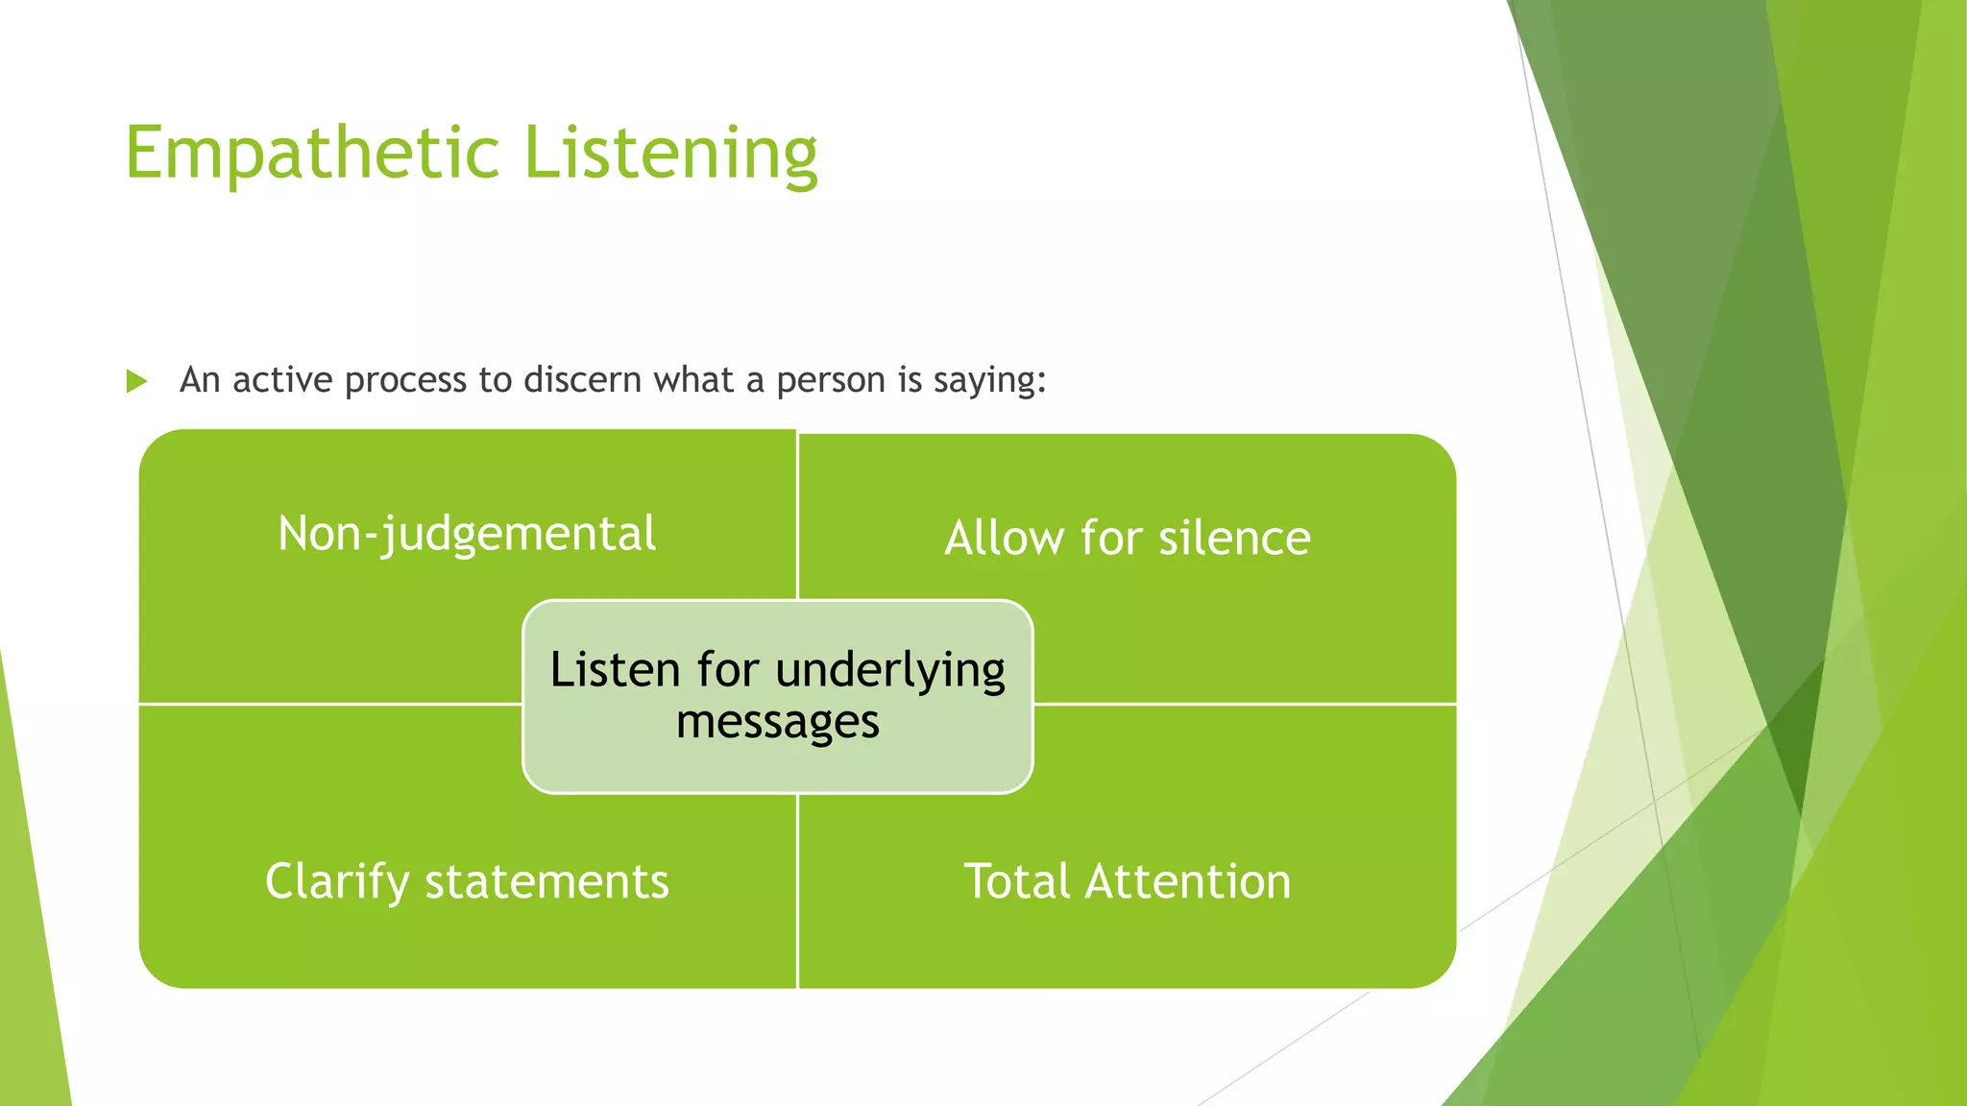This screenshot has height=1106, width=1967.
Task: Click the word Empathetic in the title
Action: (x=312, y=154)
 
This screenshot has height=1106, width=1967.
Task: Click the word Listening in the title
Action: (x=670, y=154)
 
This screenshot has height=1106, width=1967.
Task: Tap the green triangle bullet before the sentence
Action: (x=136, y=381)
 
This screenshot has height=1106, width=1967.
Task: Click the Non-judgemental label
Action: (x=467, y=534)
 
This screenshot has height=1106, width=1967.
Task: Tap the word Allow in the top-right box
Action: (x=1004, y=538)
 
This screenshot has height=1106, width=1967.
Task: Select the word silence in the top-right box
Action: (x=1234, y=538)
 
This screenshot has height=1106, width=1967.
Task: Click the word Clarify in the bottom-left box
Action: (x=336, y=881)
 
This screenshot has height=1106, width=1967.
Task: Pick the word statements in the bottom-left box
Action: (x=546, y=881)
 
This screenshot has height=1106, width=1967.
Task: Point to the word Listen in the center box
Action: (x=615, y=670)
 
